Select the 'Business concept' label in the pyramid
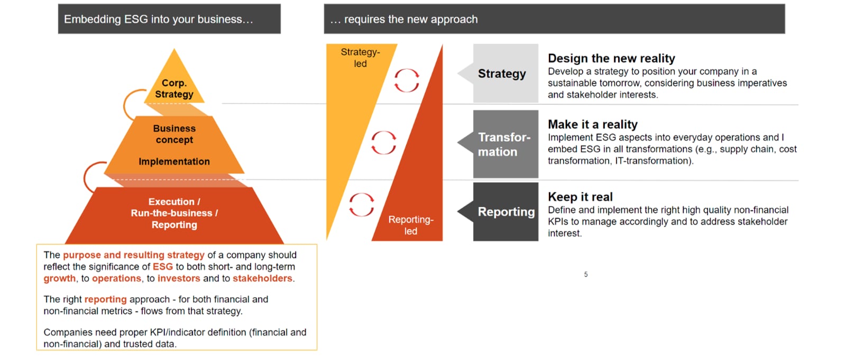(x=174, y=134)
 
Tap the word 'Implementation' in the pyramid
(x=174, y=162)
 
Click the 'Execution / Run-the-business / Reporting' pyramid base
(x=174, y=215)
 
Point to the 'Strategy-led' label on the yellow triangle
(x=360, y=58)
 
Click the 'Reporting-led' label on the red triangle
(x=411, y=225)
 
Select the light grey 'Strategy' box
(x=502, y=73)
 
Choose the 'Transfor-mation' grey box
(x=502, y=144)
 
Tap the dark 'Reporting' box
(x=502, y=211)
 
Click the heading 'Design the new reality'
(x=611, y=59)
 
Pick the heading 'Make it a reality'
(x=593, y=124)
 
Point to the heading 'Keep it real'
(x=580, y=197)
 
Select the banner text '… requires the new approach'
(x=404, y=19)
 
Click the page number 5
(x=586, y=274)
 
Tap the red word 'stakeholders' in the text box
(x=262, y=279)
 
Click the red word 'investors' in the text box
(x=179, y=279)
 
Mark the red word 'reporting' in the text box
(x=105, y=299)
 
